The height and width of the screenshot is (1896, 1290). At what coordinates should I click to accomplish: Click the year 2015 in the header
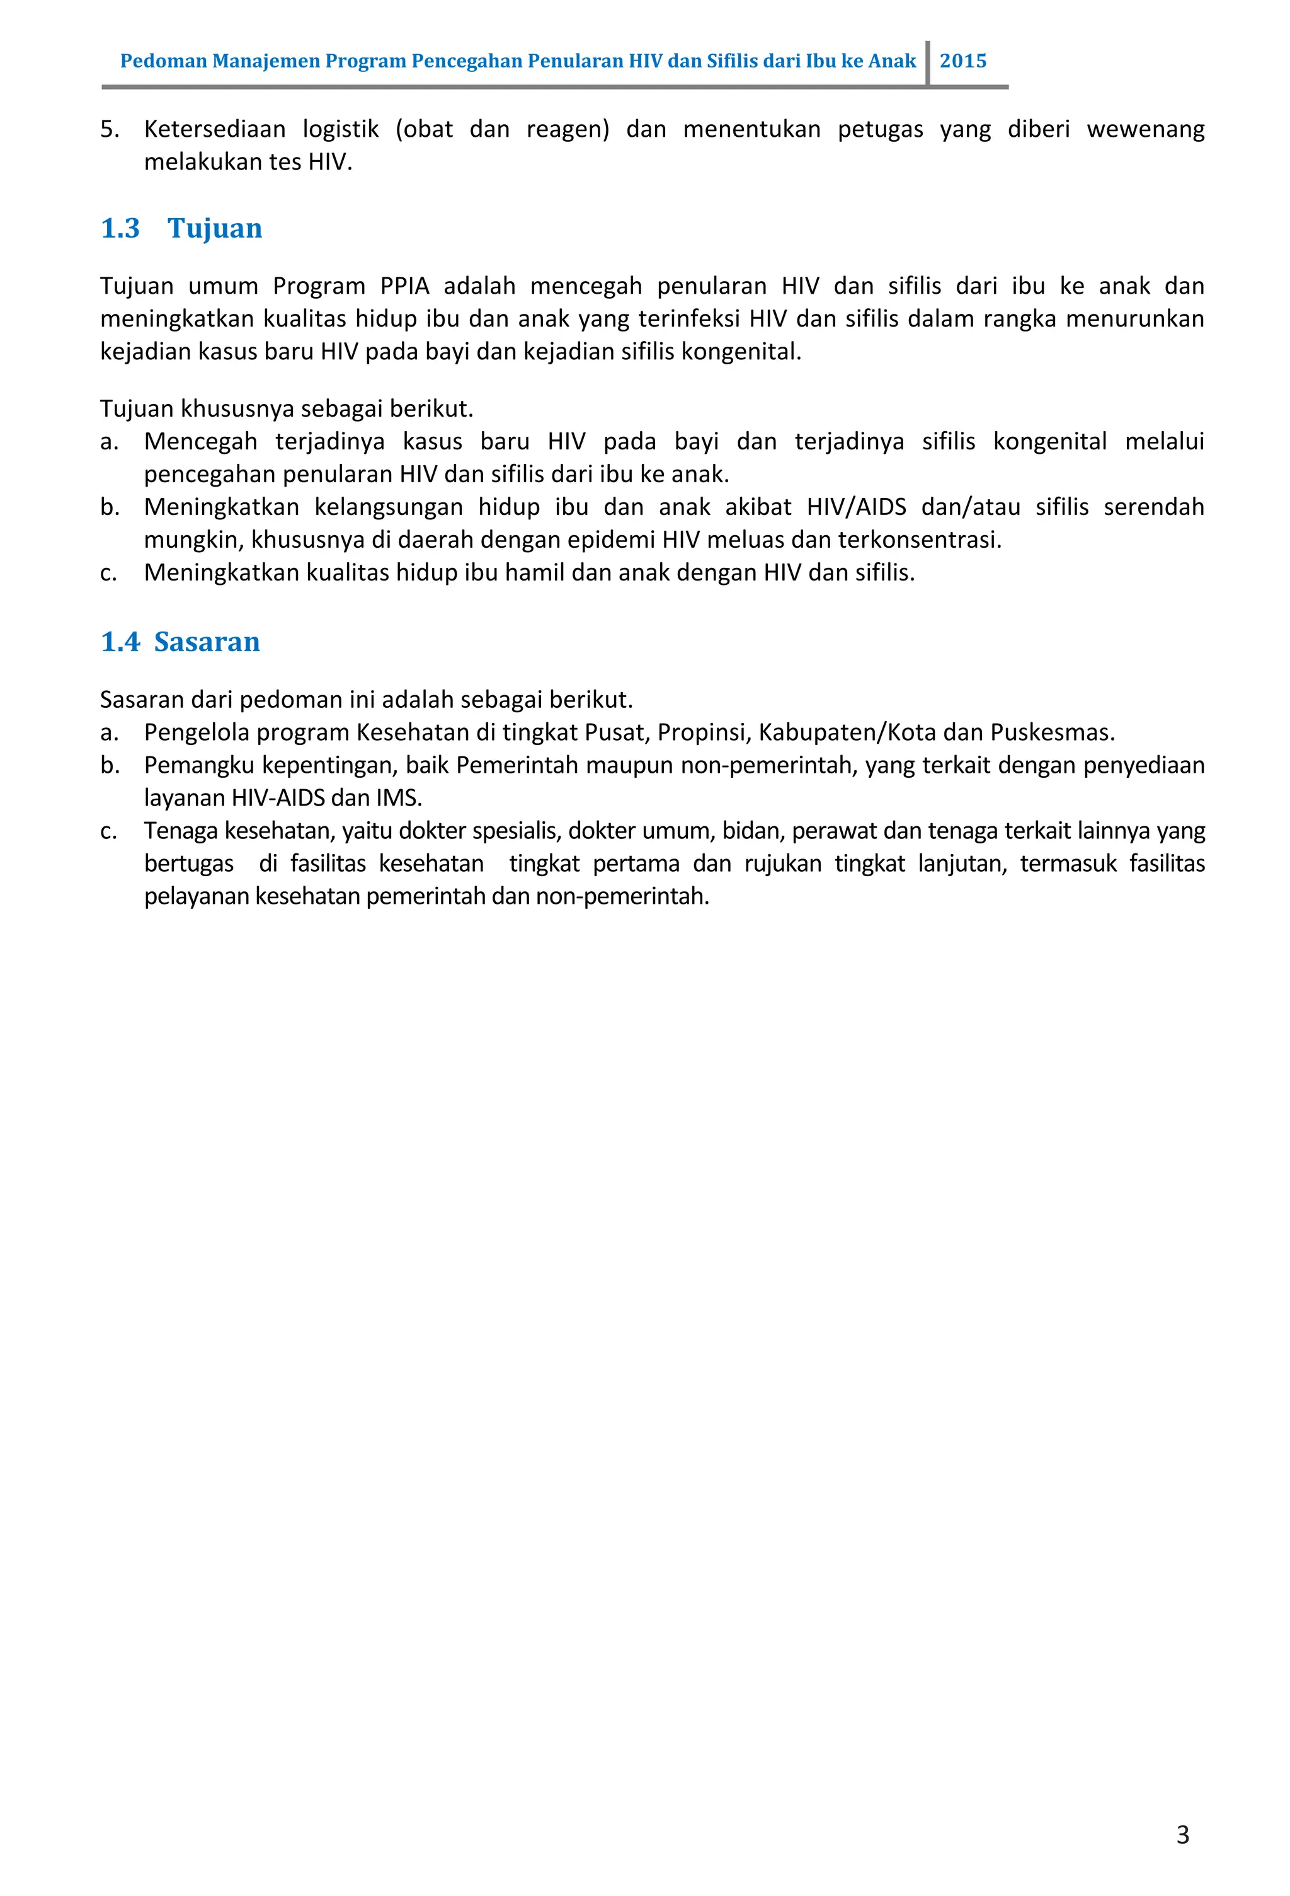pyautogui.click(x=962, y=61)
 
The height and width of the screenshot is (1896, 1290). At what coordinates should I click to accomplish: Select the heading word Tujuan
pyautogui.click(x=214, y=228)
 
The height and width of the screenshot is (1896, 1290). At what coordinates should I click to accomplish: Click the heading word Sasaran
pyautogui.click(x=207, y=642)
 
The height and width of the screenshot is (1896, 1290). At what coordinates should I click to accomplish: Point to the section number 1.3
pyautogui.click(x=120, y=228)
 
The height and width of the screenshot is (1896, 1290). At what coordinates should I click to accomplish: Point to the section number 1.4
pyautogui.click(x=120, y=642)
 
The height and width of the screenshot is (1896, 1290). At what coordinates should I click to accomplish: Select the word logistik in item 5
pyautogui.click(x=340, y=130)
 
